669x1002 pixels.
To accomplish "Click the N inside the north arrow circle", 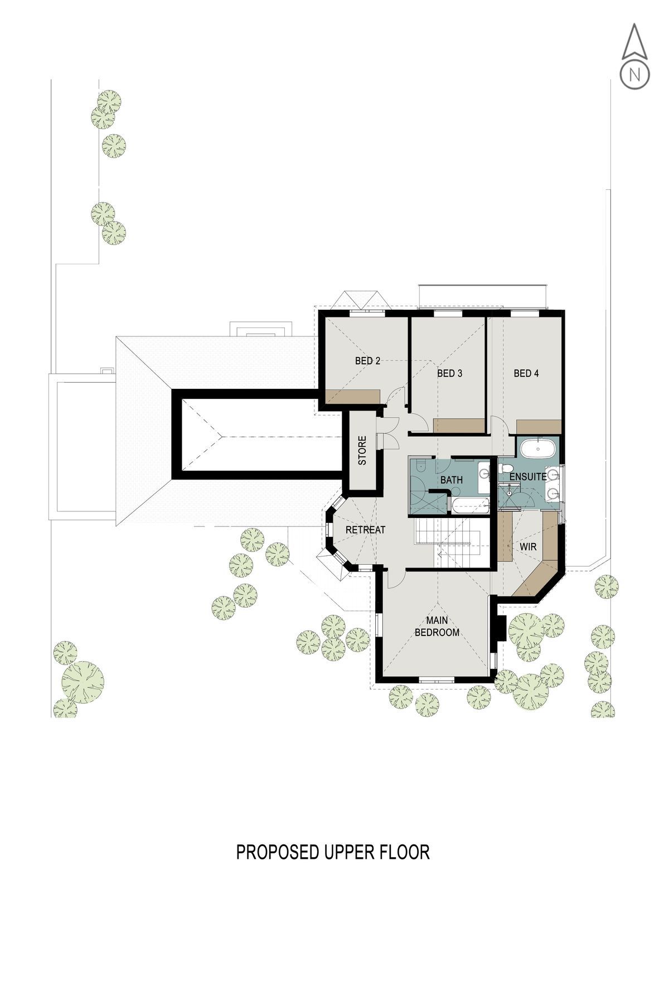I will click(x=634, y=74).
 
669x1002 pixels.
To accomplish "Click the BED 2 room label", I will click(x=367, y=361).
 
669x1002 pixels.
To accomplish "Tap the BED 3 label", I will click(x=449, y=373).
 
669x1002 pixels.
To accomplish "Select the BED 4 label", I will click(x=526, y=373).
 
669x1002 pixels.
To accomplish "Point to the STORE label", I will click(x=363, y=451).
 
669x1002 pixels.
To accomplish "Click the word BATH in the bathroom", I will click(x=451, y=480).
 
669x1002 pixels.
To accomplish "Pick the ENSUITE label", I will click(x=528, y=477).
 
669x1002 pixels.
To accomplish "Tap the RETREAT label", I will click(x=365, y=530).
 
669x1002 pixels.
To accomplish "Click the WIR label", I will click(x=528, y=547).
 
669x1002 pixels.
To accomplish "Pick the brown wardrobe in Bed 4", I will click(x=538, y=427).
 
